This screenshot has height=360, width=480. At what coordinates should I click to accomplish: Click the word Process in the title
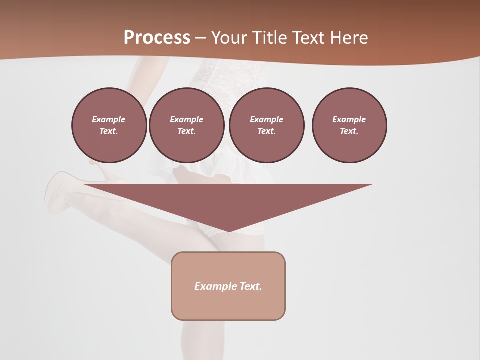(x=157, y=38)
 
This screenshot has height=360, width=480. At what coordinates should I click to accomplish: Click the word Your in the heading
(x=230, y=38)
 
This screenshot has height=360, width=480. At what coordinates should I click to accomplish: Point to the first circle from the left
(x=109, y=125)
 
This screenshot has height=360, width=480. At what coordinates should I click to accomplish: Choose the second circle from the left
(x=186, y=125)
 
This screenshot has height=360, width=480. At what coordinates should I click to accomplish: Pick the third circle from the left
(x=266, y=125)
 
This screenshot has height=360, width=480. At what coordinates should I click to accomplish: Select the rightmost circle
(x=349, y=125)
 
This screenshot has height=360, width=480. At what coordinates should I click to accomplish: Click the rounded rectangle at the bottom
(x=228, y=286)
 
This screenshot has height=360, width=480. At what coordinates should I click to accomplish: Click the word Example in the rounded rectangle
(x=216, y=286)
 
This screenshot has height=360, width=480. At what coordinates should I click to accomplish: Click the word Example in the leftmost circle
(x=109, y=119)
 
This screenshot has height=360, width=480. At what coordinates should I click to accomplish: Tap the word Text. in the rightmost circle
(x=349, y=131)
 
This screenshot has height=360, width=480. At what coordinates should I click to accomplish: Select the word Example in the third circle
(x=266, y=119)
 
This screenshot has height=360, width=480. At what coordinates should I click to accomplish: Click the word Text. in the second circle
(x=186, y=131)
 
